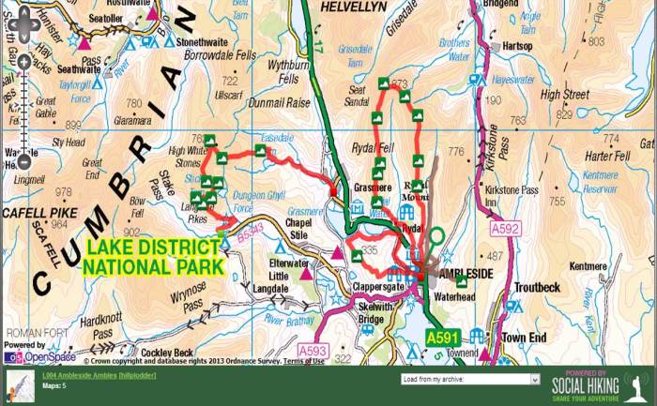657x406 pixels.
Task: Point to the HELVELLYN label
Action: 355,7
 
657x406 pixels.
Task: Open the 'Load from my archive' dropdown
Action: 456,380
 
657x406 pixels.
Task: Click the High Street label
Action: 564,95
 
